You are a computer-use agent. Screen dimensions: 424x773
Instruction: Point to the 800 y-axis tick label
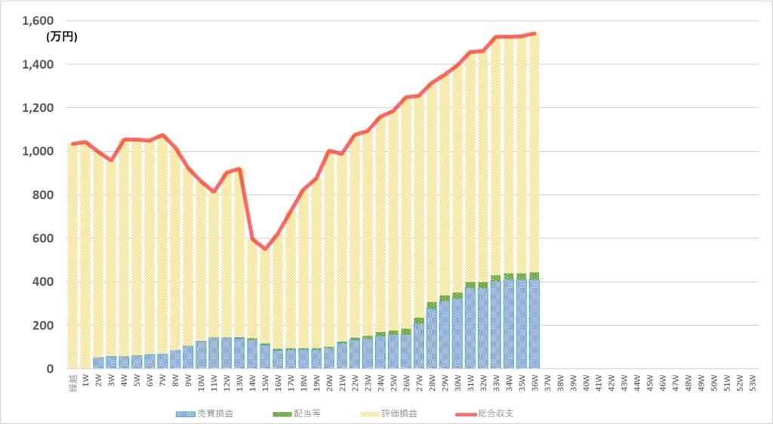39,195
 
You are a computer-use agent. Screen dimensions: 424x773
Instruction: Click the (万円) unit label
62,36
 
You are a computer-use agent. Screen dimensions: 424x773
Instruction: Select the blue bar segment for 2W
98,363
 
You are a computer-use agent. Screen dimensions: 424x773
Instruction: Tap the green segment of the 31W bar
470,285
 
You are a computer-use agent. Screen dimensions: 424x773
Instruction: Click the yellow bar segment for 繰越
72,257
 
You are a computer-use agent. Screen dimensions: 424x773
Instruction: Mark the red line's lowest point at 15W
265,249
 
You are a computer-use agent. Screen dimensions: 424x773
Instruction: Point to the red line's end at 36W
534,33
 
